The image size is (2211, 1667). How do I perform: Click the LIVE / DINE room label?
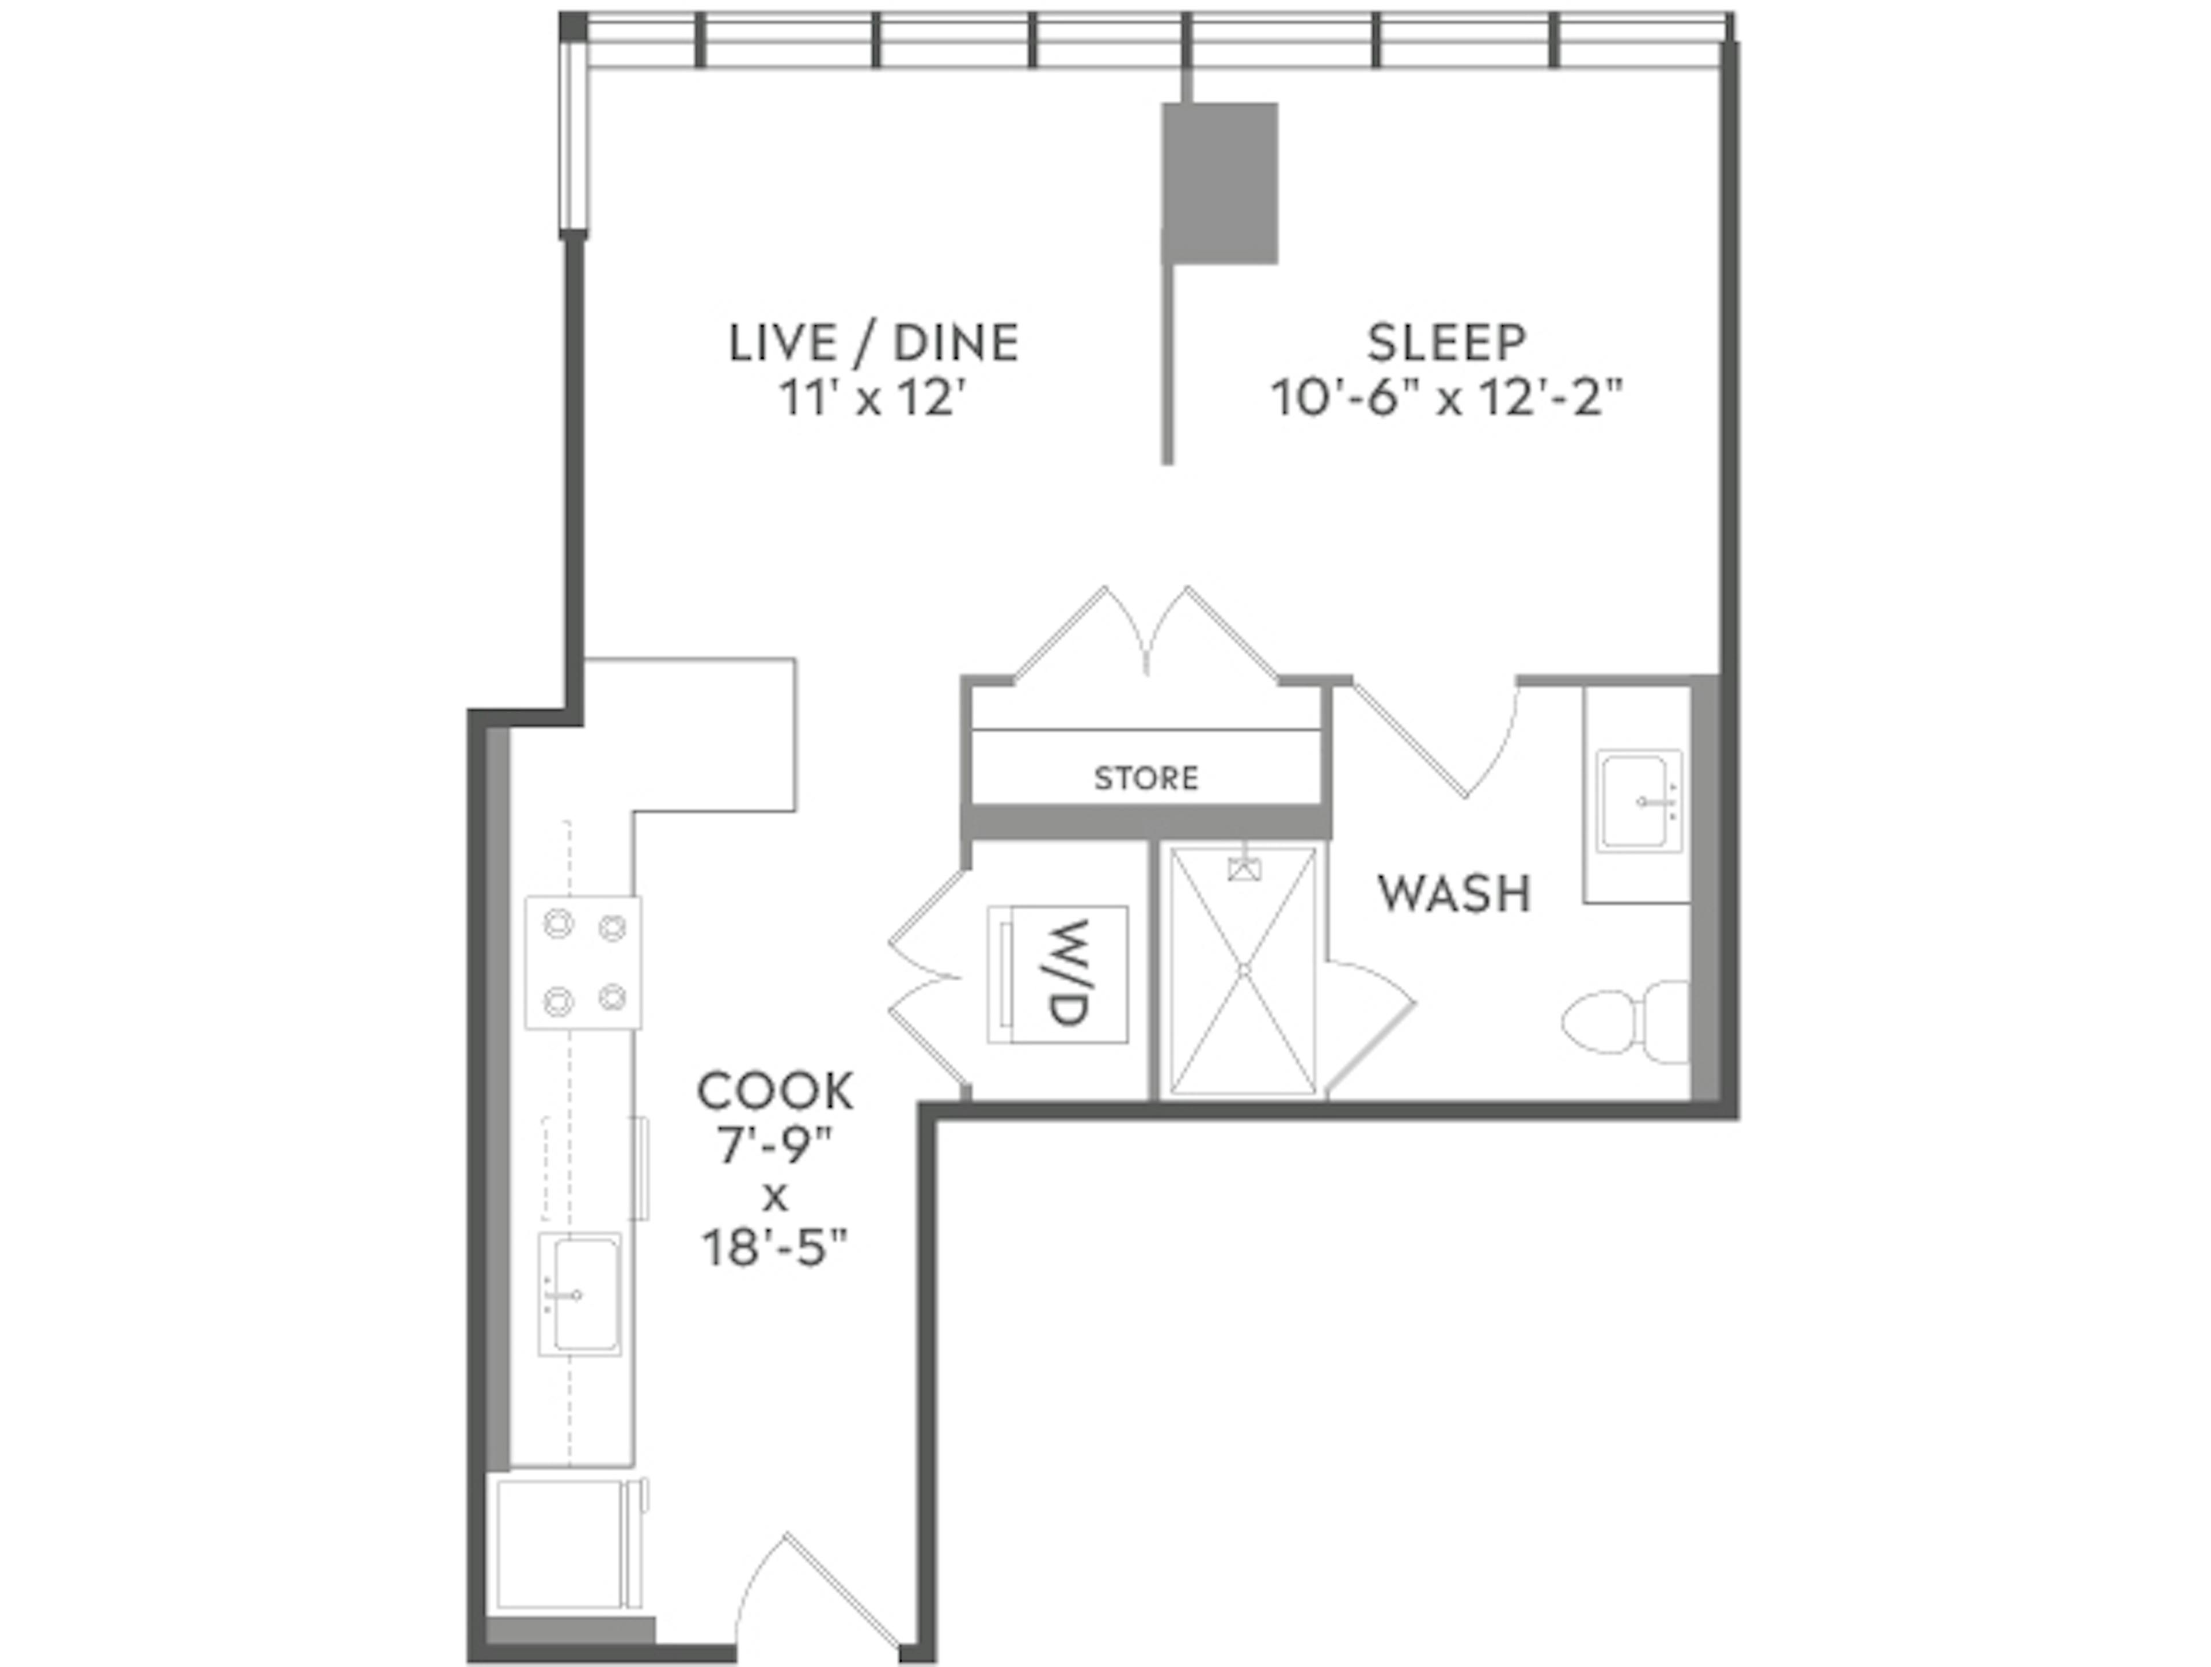pos(873,343)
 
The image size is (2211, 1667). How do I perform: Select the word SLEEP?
pos(1446,343)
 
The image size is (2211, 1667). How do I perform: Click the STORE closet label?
pos(1145,777)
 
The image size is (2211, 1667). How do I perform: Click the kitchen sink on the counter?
pos(579,1294)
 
